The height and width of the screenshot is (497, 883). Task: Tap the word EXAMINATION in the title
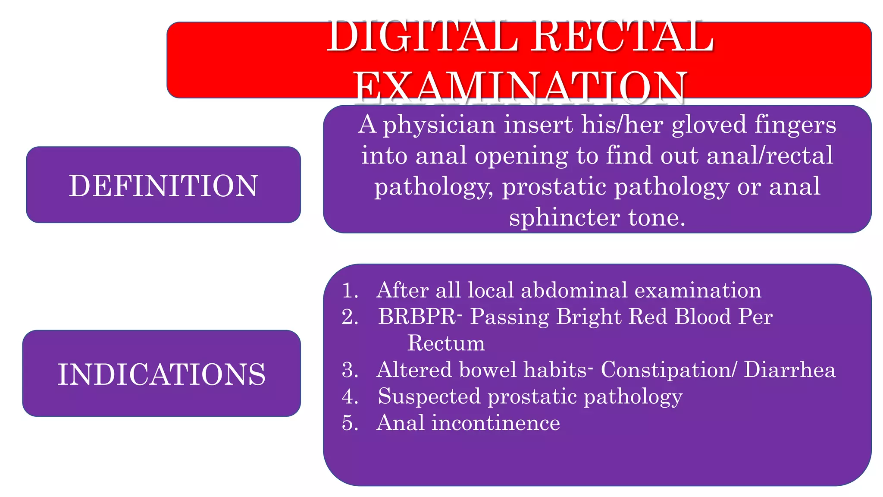[520, 87]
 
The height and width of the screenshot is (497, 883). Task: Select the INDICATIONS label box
[161, 374]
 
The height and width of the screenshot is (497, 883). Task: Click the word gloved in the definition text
[709, 125]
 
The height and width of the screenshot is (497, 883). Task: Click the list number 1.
[350, 290]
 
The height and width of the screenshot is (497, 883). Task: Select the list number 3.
[350, 370]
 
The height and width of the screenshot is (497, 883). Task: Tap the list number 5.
[350, 423]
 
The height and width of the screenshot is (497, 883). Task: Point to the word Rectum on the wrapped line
[446, 343]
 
